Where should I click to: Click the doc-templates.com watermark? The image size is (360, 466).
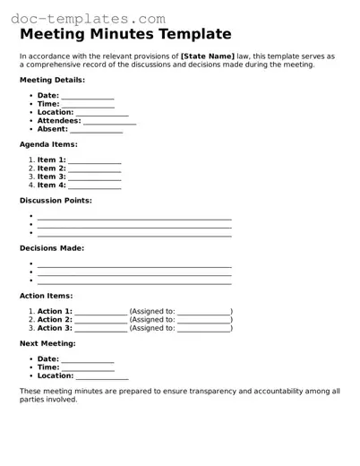(85, 18)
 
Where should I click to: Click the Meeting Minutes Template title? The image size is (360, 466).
(125, 35)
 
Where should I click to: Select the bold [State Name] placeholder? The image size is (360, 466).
(207, 56)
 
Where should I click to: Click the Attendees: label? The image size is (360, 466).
(59, 120)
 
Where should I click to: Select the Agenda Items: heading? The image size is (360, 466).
(48, 144)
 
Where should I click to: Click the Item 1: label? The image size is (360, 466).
(51, 160)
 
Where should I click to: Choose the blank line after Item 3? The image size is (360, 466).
(94, 177)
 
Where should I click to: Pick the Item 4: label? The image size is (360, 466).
(51, 186)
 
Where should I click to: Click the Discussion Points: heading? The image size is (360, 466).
(56, 201)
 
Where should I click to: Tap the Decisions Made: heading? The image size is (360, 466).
(52, 248)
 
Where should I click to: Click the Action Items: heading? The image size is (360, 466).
(47, 296)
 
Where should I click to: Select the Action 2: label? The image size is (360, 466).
(55, 319)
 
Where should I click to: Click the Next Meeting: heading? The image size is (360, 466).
(47, 343)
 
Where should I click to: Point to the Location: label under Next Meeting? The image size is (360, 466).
(55, 375)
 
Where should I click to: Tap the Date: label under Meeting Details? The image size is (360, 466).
(47, 95)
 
